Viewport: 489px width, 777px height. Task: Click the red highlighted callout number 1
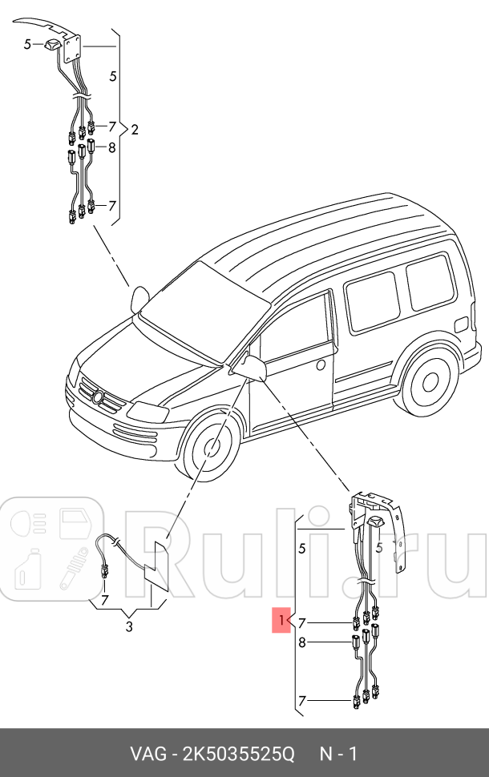[x=281, y=621]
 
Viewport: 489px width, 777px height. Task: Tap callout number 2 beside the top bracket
[x=135, y=130]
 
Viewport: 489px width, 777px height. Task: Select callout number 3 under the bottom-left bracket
[x=129, y=626]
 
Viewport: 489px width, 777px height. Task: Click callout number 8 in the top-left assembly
[x=111, y=147]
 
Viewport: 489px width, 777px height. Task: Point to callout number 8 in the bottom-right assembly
[x=301, y=642]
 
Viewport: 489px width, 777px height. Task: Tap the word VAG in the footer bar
[x=151, y=755]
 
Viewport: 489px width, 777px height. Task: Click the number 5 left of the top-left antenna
[x=26, y=45]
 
